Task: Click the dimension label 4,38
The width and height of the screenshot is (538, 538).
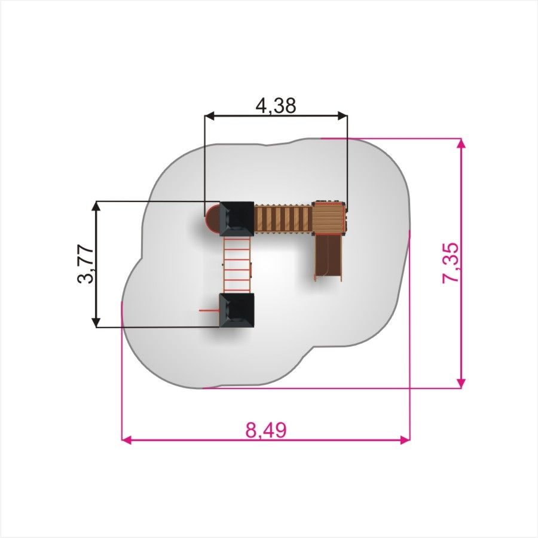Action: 276,105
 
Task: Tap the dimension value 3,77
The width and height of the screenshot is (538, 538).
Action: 85,264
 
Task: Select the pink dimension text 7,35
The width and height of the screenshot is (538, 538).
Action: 450,262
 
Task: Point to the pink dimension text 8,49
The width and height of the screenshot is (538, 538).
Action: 266,430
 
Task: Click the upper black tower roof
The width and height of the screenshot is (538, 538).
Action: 237,219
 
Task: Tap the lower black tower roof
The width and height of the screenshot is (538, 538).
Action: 237,310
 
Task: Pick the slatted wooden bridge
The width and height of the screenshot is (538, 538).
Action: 283,219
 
